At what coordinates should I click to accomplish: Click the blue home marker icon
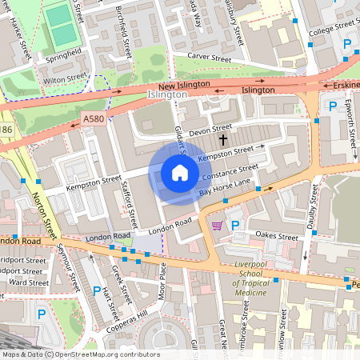coord(179,173)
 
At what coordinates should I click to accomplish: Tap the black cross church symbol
coord(222,140)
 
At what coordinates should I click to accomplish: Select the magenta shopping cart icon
coord(217,226)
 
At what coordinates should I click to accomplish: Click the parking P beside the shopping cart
coord(235,226)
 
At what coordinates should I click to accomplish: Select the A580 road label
coord(94,118)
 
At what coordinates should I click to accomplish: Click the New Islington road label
coord(183,85)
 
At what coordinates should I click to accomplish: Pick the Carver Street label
coord(208,58)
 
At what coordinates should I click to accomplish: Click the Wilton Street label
coord(65,78)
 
